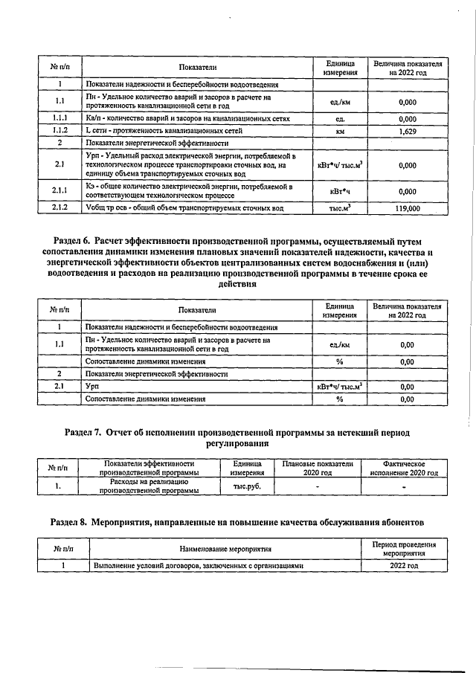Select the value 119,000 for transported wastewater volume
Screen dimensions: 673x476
coord(407,210)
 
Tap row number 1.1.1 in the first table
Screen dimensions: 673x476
coord(59,118)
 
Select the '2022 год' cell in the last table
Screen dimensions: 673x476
coord(404,565)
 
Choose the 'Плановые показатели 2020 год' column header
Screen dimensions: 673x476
coord(318,468)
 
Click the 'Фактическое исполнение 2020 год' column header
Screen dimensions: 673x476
coord(404,468)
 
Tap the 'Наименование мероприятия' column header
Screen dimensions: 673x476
coord(224,549)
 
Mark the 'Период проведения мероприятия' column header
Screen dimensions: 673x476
coord(404,549)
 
